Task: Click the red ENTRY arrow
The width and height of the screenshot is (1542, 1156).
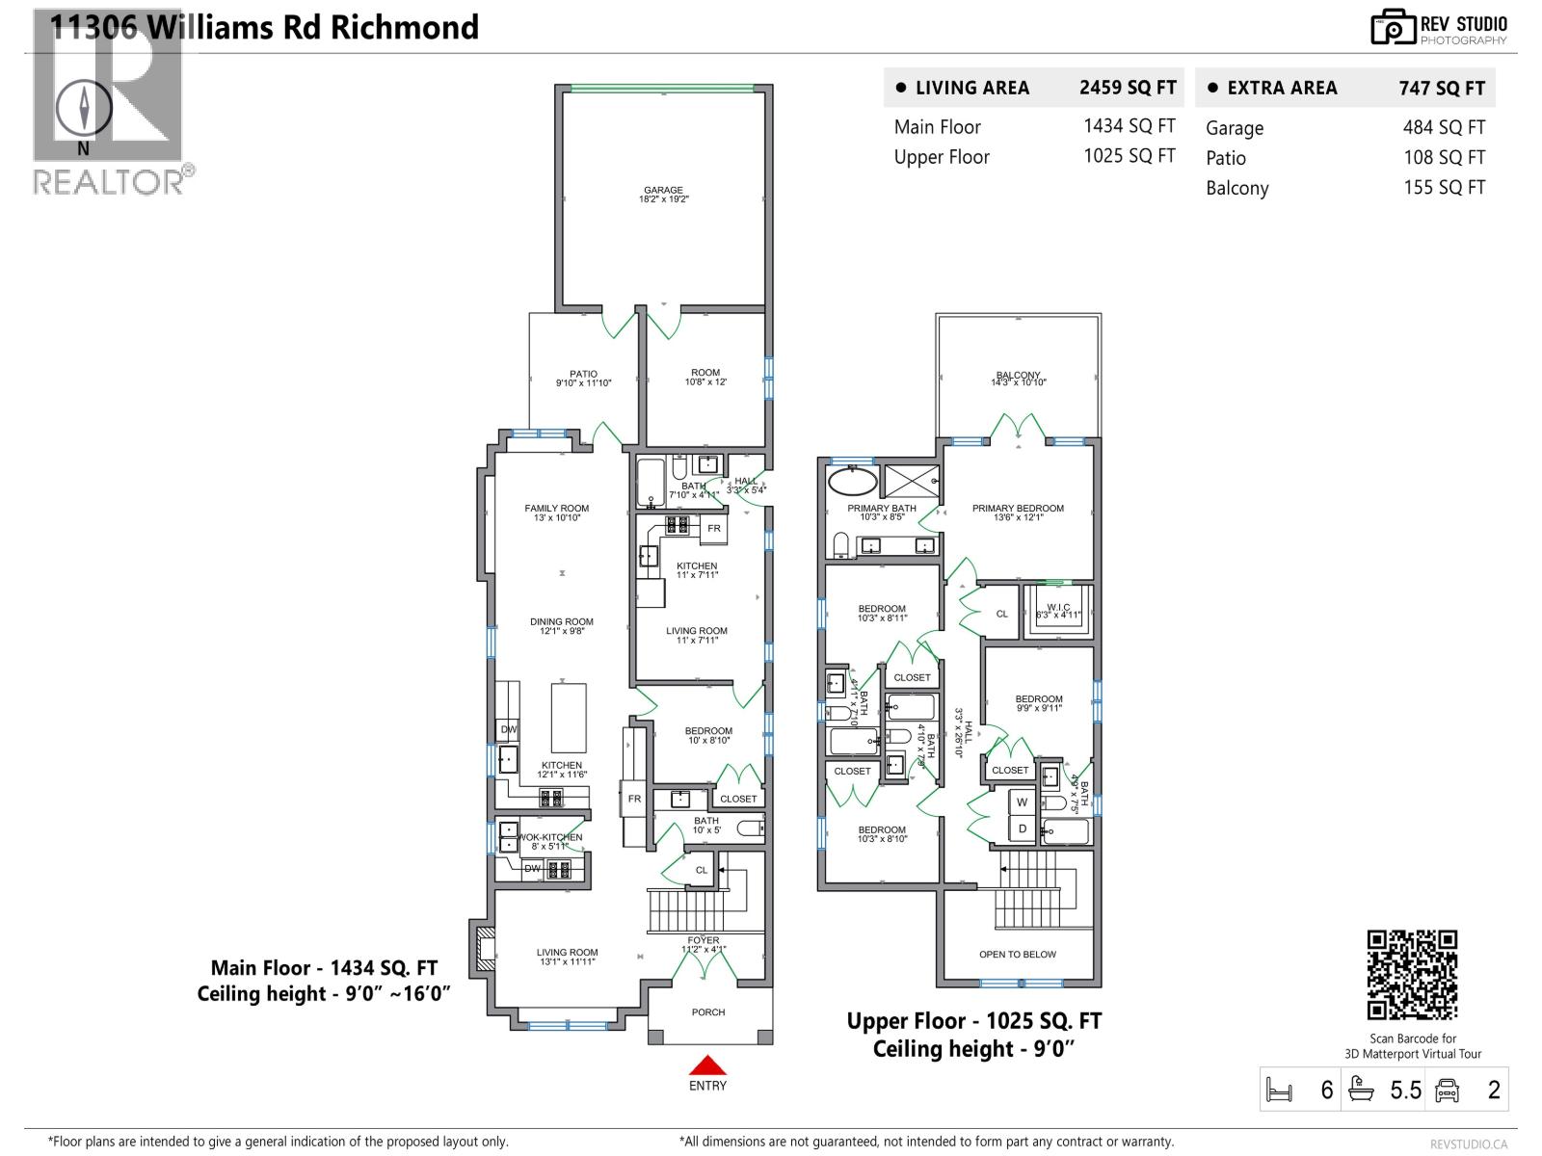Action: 707,1064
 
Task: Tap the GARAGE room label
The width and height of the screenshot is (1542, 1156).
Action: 663,191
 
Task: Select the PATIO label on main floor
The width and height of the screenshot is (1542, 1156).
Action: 583,374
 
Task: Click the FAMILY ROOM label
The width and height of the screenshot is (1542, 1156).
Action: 556,509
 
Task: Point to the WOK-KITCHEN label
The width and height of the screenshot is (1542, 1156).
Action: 551,837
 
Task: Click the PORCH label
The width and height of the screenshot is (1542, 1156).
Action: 707,1012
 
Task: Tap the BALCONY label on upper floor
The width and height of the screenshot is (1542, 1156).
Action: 1018,376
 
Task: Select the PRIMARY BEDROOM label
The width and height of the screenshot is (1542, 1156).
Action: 1018,509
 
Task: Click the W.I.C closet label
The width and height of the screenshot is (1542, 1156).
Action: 1058,608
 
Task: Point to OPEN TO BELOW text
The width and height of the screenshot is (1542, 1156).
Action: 1018,955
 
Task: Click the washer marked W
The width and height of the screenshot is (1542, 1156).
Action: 1022,802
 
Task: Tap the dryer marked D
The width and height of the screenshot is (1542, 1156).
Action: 1022,828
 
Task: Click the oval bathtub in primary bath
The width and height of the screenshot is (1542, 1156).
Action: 853,482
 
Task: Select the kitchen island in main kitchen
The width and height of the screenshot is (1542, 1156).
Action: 569,718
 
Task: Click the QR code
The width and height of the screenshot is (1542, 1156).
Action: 1412,974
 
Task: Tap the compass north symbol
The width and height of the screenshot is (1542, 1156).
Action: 84,108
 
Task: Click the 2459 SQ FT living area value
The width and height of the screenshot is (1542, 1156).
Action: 1128,88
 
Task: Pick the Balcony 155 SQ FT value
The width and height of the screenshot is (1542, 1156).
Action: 1444,188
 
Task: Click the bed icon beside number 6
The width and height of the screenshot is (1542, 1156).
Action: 1279,1090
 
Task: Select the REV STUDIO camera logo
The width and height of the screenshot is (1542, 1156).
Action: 1393,28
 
